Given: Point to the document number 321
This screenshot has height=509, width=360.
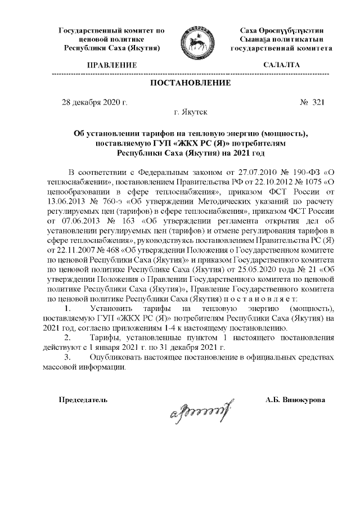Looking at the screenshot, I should click(x=318, y=102).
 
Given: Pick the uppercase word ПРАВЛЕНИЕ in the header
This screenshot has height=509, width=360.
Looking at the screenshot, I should click(x=111, y=66).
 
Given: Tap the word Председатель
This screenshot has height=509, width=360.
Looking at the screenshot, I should click(x=83, y=399).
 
